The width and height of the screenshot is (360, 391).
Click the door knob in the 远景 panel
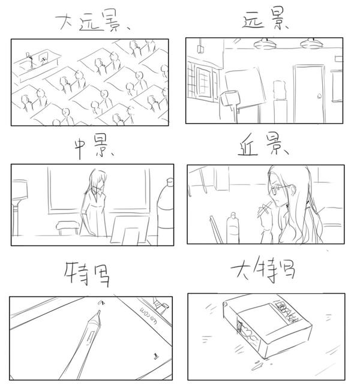pos(319,96)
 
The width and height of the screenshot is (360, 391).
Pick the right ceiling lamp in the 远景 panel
pos(311,43)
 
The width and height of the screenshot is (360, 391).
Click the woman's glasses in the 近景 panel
pos(282,190)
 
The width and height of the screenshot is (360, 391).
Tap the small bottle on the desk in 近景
pos(233,227)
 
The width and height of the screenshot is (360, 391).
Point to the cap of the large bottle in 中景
pos(170,182)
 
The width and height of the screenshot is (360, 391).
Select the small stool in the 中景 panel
pos(67,227)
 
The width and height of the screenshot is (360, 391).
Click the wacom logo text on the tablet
pos(148,315)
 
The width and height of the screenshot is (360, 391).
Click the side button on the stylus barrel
pos(90,336)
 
